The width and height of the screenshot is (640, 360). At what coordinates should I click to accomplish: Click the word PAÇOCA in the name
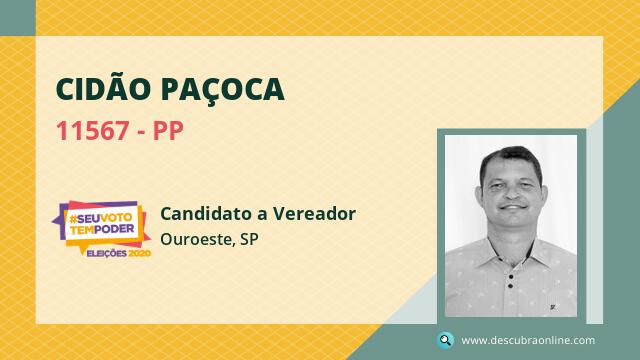tap(223, 90)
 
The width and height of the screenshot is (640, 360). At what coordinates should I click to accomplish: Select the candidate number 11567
tap(93, 131)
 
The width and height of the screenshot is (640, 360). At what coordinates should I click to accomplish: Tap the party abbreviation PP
tap(168, 131)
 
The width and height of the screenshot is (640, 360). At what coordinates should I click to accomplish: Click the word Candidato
tap(210, 213)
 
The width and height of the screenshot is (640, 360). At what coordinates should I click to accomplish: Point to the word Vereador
tap(314, 213)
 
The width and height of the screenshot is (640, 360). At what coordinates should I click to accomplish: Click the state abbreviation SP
tap(249, 239)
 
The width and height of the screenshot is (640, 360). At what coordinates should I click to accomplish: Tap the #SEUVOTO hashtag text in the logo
tap(100, 218)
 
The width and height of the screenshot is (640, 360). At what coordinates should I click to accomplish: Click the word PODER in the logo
tap(115, 229)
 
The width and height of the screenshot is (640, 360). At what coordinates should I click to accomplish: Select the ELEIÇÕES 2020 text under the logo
tap(119, 253)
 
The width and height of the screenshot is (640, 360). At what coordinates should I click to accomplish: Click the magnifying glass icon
tap(445, 340)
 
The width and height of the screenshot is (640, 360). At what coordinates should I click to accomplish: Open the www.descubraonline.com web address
tap(528, 340)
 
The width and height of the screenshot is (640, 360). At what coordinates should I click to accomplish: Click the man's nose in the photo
tap(511, 193)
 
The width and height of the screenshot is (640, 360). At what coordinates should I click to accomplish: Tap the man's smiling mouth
tap(513, 207)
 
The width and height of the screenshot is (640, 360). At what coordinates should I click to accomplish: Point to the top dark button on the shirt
tap(511, 277)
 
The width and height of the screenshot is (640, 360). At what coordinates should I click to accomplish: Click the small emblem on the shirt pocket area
tap(552, 306)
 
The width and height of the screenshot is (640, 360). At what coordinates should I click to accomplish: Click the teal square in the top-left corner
tap(18, 18)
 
